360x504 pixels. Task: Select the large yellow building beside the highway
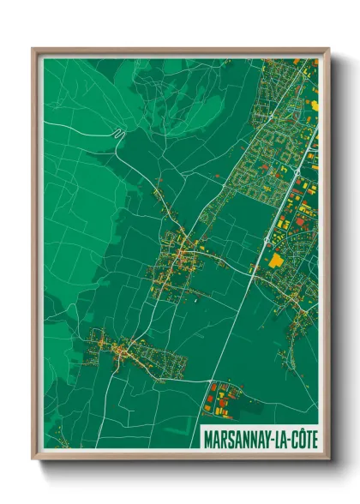(x=276, y=259)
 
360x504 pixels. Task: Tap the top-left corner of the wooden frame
(x=33, y=49)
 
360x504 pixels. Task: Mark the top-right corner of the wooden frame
(x=328, y=49)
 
